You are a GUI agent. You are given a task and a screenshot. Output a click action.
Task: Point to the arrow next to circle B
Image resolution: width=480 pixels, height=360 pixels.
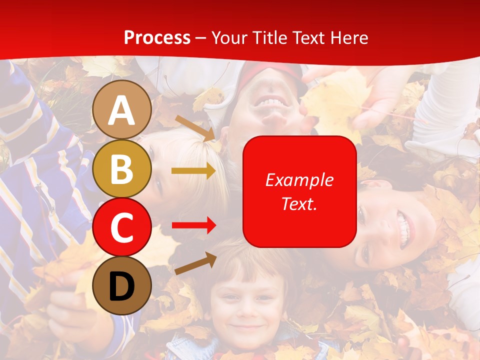(193, 171)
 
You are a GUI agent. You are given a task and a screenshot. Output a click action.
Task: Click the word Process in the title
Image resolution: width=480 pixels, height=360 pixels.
(157, 37)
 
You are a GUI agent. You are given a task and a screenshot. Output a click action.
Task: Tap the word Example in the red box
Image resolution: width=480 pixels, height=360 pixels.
(299, 180)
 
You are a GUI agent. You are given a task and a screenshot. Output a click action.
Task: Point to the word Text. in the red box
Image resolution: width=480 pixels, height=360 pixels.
(299, 203)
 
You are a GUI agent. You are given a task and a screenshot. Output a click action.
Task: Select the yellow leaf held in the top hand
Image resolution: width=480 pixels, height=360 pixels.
(332, 100)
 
